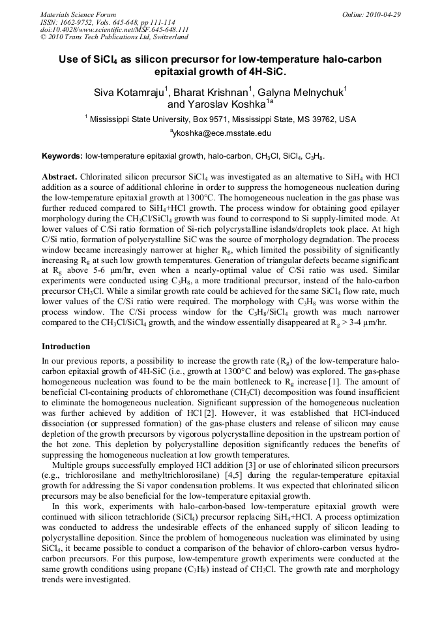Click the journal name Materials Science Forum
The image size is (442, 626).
78,14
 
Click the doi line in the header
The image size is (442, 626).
114,29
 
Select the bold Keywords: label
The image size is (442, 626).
62,157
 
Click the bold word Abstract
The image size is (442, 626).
59,177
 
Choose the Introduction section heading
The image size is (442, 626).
66,346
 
